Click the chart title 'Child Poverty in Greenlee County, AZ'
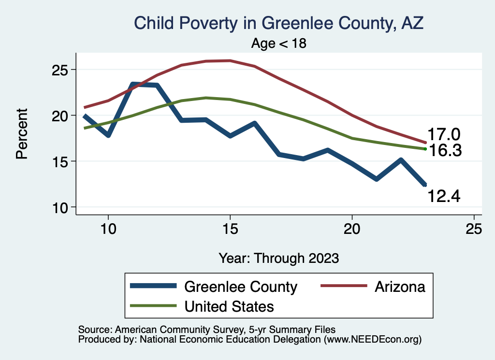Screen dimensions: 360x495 (x=278, y=23)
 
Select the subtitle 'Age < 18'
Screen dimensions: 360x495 (x=279, y=43)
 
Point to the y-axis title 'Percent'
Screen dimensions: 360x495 (x=21, y=134)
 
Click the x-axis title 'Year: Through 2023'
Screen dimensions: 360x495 (x=278, y=258)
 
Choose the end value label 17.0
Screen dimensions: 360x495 (x=444, y=134)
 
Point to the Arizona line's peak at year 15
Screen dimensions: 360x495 (x=230, y=61)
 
